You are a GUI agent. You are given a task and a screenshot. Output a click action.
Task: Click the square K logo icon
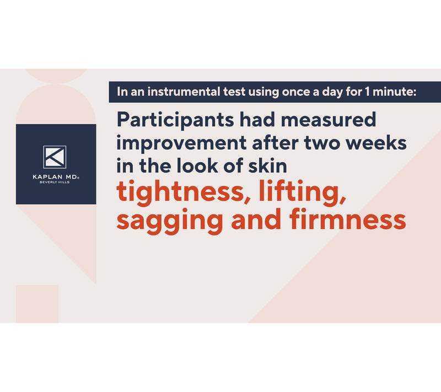click(55, 157)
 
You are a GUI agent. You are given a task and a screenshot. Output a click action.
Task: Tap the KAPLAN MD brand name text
click(56, 177)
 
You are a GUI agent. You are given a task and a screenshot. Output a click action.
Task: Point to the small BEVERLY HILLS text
click(55, 182)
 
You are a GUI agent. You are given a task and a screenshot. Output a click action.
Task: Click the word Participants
click(175, 120)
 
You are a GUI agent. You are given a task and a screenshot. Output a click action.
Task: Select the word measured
click(328, 120)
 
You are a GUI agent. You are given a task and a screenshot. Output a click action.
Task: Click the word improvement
click(182, 144)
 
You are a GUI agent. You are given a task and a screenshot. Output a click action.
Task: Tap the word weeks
click(376, 142)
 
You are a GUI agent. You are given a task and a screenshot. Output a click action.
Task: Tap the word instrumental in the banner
click(184, 92)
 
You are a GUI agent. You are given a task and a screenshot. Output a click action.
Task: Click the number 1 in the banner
click(367, 92)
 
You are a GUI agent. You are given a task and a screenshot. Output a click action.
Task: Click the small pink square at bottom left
click(37, 304)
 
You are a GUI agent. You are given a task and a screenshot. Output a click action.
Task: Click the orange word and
click(256, 219)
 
